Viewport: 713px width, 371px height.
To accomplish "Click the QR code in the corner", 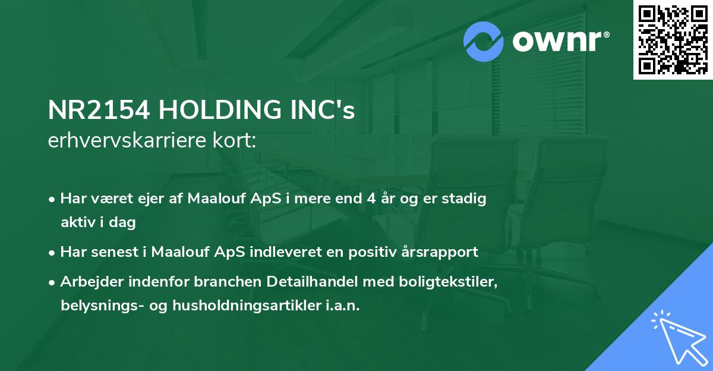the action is [x=673, y=40].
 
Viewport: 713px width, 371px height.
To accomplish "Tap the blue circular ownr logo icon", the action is [x=483, y=42].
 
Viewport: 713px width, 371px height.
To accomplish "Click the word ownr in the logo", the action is [x=557, y=42].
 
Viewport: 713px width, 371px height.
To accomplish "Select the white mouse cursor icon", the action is [x=679, y=338].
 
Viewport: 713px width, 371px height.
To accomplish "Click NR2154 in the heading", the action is [x=99, y=110].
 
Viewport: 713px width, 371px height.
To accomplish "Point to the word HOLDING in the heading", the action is [x=220, y=110].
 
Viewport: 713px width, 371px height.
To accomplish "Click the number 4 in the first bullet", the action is [x=371, y=199].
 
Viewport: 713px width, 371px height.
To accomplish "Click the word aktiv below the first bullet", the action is [x=78, y=222].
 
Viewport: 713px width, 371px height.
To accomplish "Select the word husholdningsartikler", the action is [x=247, y=306].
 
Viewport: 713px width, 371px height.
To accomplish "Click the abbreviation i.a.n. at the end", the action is [x=343, y=306].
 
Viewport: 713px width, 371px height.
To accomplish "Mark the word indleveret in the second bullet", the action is [x=293, y=252].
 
